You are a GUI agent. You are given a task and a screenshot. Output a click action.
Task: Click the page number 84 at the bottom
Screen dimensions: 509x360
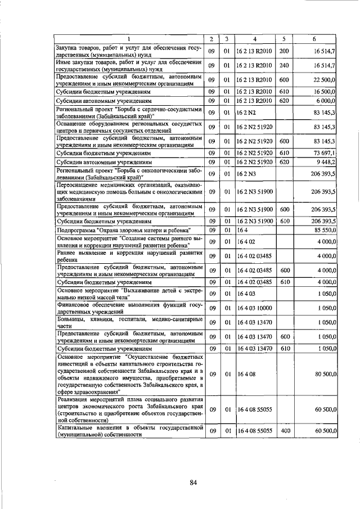(x=193, y=483)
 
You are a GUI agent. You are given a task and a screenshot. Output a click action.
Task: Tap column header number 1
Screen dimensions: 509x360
(x=129, y=39)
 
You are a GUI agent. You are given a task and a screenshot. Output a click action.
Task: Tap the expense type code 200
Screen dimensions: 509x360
(x=284, y=51)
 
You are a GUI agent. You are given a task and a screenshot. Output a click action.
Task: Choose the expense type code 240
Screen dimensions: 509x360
(x=284, y=65)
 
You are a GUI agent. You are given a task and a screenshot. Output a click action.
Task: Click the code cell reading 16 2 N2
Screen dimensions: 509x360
(x=246, y=112)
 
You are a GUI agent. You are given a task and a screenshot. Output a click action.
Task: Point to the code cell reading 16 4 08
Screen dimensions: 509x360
(x=245, y=373)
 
